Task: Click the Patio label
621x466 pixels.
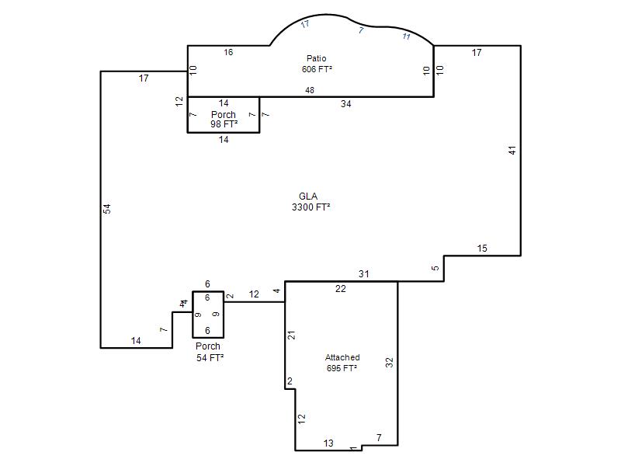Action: click(x=317, y=59)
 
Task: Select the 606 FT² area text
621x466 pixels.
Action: click(x=317, y=69)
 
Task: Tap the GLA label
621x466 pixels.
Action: click(x=308, y=196)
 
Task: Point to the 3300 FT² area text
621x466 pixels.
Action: click(x=311, y=207)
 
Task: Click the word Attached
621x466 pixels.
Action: click(x=342, y=357)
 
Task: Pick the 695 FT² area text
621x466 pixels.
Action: click(x=342, y=368)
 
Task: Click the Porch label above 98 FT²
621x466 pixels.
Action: click(x=224, y=114)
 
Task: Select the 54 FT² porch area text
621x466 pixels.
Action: click(x=210, y=358)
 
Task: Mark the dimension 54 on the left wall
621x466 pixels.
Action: click(x=107, y=209)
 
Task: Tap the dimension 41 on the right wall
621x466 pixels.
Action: click(x=512, y=151)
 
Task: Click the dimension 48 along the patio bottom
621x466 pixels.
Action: click(x=310, y=90)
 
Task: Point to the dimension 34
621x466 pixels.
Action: click(x=345, y=104)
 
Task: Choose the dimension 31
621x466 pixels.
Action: click(x=363, y=274)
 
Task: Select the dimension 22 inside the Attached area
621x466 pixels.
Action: click(x=340, y=289)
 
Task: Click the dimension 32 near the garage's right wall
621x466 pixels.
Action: click(x=390, y=362)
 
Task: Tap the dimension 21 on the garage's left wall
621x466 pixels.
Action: click(x=292, y=336)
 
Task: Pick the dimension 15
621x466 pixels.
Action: click(x=482, y=249)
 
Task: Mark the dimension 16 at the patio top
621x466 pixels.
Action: click(x=228, y=52)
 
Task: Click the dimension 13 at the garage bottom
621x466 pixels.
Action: click(x=328, y=443)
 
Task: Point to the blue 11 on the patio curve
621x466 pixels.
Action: click(x=406, y=37)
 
